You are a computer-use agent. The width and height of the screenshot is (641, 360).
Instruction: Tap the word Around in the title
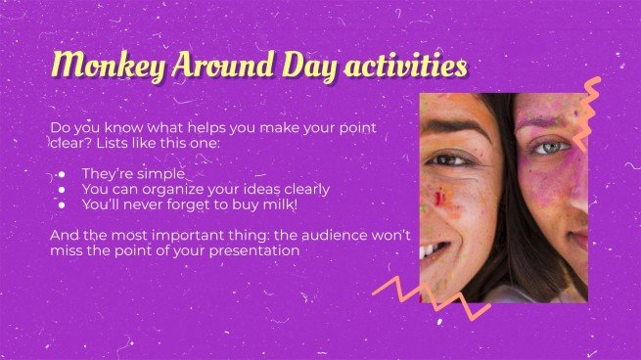click(199, 65)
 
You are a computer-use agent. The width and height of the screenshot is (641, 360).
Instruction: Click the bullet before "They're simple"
click(61, 173)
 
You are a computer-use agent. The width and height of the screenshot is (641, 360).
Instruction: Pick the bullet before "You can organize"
click(61, 189)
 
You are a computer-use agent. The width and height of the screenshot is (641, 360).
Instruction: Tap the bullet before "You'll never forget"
click(61, 204)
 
